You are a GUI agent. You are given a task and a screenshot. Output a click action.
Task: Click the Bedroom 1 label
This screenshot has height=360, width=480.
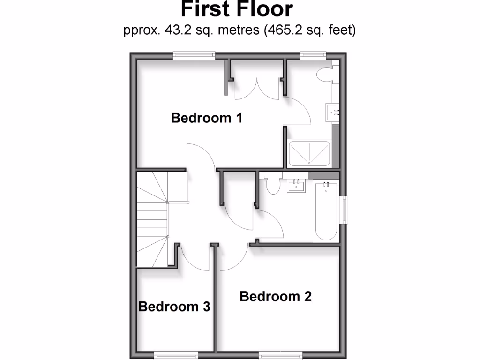(x=206, y=118)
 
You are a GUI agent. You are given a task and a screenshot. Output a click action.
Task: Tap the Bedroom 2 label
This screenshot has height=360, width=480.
(x=276, y=297)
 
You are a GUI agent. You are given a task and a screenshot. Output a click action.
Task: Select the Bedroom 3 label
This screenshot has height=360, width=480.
(x=174, y=307)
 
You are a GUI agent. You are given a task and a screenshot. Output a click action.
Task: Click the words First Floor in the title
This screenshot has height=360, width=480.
(x=237, y=9)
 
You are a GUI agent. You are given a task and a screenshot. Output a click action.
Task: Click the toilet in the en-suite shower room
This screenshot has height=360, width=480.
(x=325, y=74)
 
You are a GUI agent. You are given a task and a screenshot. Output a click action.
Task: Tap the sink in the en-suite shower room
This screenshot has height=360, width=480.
(x=332, y=113)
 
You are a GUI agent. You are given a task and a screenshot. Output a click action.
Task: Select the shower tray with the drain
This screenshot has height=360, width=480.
(x=309, y=153)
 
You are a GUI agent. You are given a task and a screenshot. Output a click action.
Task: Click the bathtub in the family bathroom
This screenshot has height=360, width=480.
(x=325, y=211)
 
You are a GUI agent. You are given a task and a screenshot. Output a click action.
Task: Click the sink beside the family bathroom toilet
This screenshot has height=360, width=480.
(x=296, y=186)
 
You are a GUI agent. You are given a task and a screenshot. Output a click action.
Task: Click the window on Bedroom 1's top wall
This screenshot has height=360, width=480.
(x=194, y=55)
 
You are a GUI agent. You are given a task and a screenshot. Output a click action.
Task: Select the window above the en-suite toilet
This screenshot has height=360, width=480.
(x=313, y=55)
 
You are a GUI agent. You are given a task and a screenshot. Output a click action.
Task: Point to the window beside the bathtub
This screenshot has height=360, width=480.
(x=345, y=210)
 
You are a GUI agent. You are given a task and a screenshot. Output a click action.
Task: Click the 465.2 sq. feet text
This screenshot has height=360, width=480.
(x=310, y=31)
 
